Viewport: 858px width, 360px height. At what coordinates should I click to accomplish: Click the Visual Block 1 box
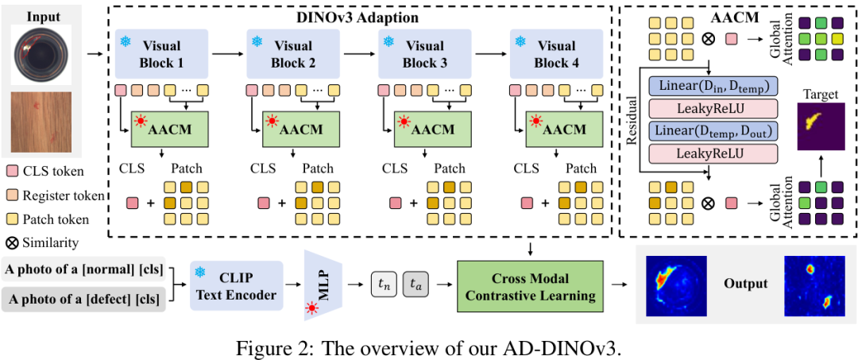pos(162,53)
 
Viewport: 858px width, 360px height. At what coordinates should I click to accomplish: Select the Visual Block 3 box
pos(425,53)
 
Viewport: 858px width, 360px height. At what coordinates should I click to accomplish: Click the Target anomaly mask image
pos(821,126)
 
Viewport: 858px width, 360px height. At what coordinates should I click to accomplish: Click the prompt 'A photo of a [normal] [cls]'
pos(83,269)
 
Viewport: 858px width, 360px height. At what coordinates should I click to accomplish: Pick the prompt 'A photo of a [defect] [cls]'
pos(83,300)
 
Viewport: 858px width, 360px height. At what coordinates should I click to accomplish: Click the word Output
pos(745,284)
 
